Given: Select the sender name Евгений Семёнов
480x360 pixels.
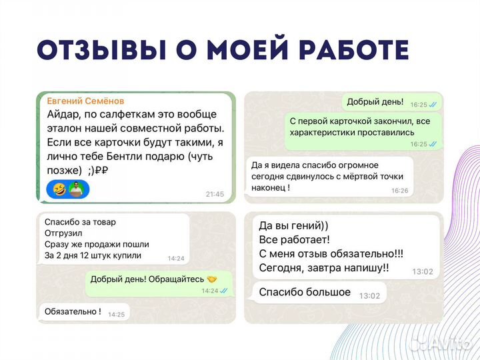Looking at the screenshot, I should pos(85,101).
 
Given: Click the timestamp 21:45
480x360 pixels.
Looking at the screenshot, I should pos(215,194).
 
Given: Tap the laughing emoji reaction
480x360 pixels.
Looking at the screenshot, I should pos(59,189).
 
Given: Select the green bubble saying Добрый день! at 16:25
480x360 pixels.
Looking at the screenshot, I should pos(375,102).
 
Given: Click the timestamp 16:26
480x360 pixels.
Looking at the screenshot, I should pos(399,190).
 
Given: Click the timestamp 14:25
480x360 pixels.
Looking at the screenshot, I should pos(116,314).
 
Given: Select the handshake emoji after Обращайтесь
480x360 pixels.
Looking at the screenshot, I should pos(212,279).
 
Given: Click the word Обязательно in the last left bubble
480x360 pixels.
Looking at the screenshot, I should pos(71,311).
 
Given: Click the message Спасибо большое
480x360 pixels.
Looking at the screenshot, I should pos(304,292).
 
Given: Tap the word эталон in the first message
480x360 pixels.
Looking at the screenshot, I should pos(67,128).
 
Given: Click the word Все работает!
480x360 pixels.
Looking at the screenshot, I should pos(294,239).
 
